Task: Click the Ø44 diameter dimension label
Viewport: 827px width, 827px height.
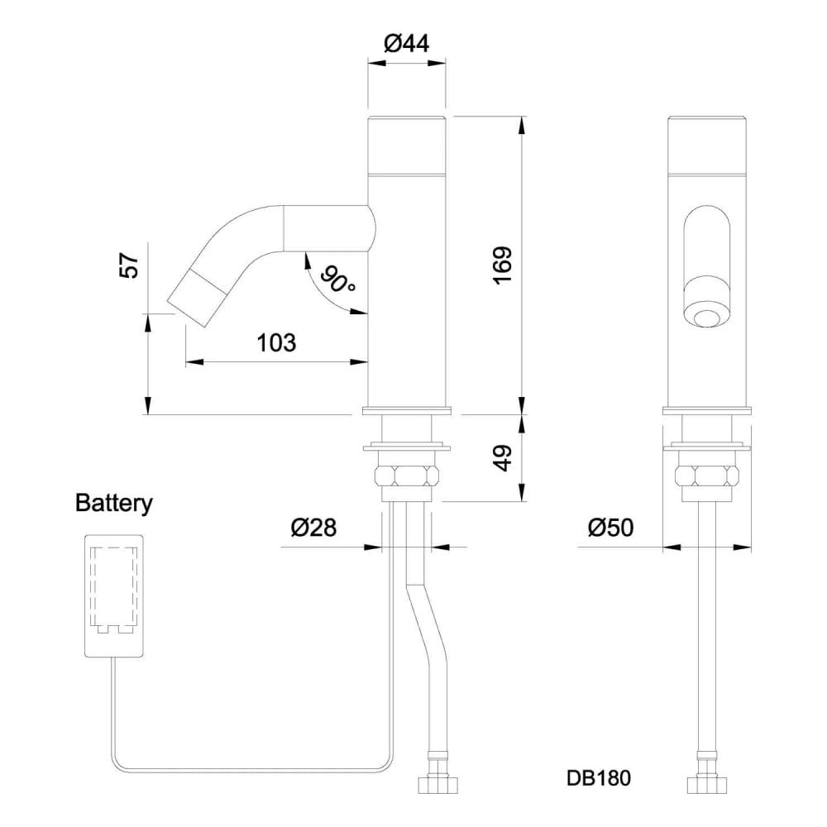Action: click(x=407, y=42)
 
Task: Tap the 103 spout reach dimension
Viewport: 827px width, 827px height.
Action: click(x=277, y=342)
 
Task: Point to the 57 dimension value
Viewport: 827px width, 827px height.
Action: click(x=131, y=266)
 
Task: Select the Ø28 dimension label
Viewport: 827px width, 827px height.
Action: click(x=313, y=528)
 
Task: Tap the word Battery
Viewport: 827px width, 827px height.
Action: click(x=114, y=503)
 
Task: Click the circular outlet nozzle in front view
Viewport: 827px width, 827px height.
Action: click(x=708, y=318)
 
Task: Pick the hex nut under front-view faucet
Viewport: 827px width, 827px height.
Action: click(x=707, y=476)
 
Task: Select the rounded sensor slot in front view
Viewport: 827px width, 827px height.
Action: click(x=708, y=248)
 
